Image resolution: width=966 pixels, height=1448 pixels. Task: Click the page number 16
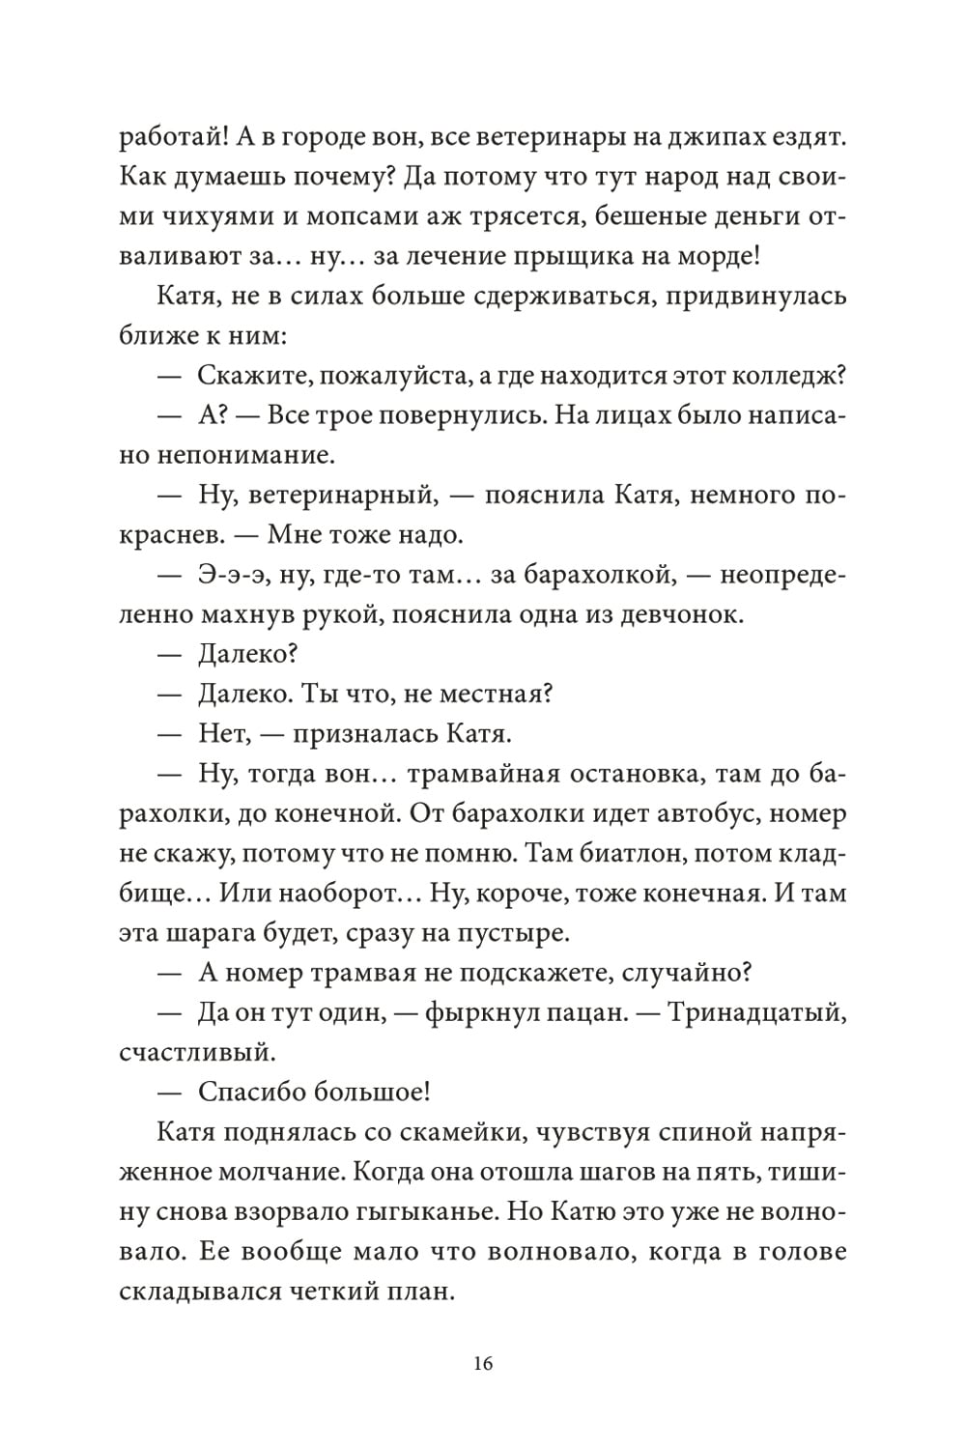(483, 1363)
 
